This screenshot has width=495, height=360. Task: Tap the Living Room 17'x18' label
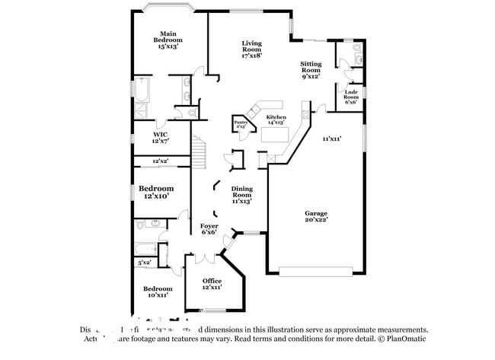click(x=251, y=49)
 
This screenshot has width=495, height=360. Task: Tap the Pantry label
click(x=241, y=123)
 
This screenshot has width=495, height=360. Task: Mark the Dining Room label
click(x=241, y=195)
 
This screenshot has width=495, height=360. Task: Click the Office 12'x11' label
click(x=212, y=284)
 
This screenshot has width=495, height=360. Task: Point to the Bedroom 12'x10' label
click(x=155, y=192)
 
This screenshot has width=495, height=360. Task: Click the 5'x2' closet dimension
click(x=145, y=263)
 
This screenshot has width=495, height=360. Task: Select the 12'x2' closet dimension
click(x=160, y=161)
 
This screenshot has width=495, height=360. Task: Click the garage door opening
click(x=315, y=271)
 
